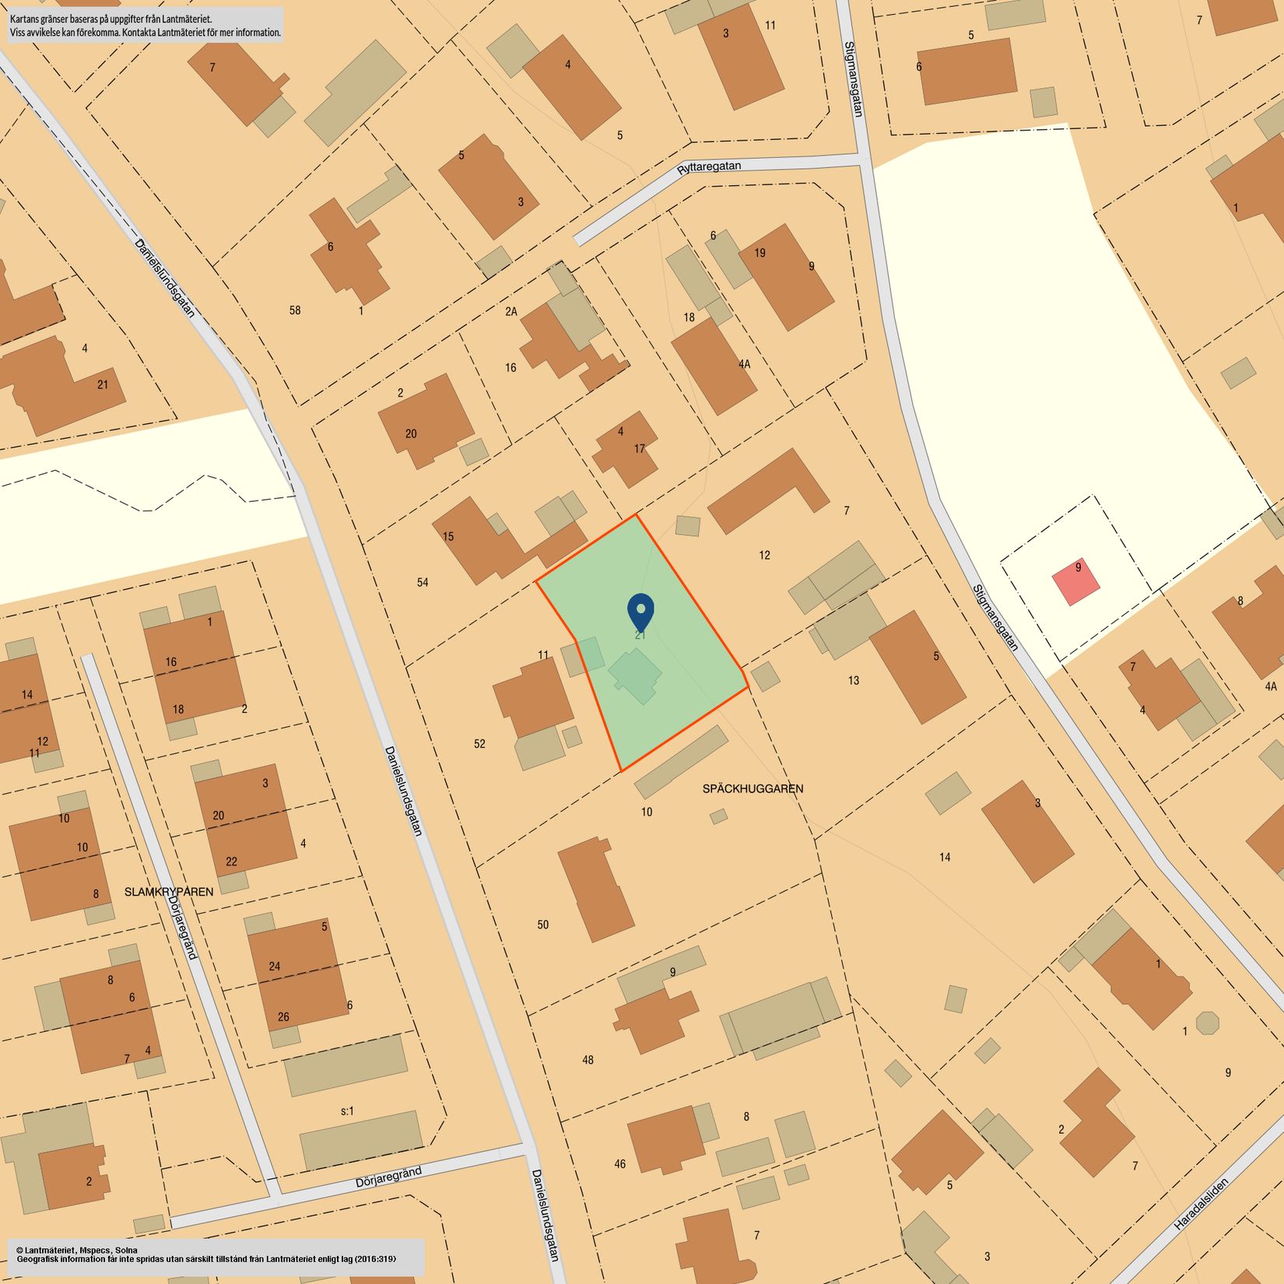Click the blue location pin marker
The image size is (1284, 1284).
click(x=640, y=611)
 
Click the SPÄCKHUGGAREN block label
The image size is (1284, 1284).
click(x=753, y=788)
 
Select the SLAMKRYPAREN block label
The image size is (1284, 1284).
click(x=169, y=892)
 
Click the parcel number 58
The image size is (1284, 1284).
click(x=295, y=310)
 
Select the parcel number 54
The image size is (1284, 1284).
click(x=423, y=582)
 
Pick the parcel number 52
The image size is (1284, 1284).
click(x=479, y=744)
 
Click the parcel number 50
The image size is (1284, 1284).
click(x=542, y=924)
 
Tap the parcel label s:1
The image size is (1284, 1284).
click(x=347, y=1110)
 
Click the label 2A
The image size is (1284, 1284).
click(x=510, y=311)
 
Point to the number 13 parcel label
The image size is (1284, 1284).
click(x=854, y=680)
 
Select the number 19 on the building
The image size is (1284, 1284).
click(x=760, y=252)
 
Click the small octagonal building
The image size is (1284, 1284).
click(x=1207, y=1022)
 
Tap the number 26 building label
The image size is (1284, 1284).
click(x=283, y=1016)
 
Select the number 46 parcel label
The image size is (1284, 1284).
click(x=619, y=1164)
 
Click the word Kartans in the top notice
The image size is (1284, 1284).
click(x=26, y=19)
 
